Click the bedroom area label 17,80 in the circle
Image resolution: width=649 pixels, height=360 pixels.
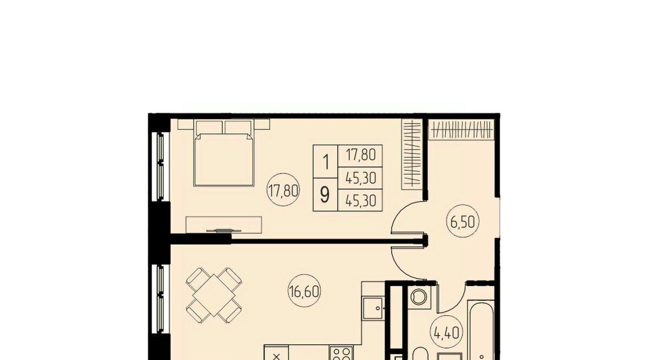coord(283,190)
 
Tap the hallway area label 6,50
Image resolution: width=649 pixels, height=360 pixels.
coord(463,222)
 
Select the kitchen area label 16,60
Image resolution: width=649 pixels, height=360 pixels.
coord(304,291)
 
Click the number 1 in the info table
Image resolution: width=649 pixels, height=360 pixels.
coord(326,162)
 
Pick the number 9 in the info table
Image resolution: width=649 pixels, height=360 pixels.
coord(325,195)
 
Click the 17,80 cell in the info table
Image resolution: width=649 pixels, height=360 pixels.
coord(361,155)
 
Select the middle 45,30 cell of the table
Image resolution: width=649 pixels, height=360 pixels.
coord(361,178)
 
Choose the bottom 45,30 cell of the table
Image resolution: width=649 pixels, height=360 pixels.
coord(361,201)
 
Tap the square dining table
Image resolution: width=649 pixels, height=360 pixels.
coord(214,295)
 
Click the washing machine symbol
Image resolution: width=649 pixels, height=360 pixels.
coord(419,297)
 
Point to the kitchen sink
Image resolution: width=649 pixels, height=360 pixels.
coord(374,308)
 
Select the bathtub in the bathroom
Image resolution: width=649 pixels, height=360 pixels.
coord(481,330)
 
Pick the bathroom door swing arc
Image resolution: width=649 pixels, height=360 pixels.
coord(450,301)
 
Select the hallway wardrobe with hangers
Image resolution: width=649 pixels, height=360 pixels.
coord(461,130)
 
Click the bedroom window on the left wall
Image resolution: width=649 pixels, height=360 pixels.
coord(160,166)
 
